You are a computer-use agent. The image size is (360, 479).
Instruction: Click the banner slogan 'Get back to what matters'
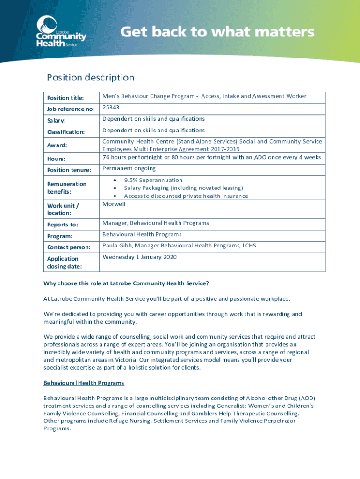pos(217,32)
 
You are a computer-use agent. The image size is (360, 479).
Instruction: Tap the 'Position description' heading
pos(90,78)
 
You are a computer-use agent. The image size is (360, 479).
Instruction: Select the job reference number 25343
pos(112,108)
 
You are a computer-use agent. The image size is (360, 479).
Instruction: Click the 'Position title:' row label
pos(65,98)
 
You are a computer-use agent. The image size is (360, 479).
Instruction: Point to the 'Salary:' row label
pos(57,121)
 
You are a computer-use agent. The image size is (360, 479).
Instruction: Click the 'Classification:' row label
pos(66,132)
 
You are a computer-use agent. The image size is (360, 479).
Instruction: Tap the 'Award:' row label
pos(57,145)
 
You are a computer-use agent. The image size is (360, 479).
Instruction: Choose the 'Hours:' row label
pos(56,159)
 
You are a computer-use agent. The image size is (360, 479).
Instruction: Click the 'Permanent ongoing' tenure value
pos(129,168)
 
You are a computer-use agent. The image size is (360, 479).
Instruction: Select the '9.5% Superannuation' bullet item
pos(153,180)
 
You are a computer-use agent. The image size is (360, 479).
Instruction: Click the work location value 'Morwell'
pos(114,204)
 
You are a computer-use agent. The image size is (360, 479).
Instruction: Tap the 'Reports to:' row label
pos(62,225)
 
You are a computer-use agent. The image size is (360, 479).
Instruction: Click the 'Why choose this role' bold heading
pos(126,283)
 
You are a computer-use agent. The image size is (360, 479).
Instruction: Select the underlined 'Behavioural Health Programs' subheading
pos(84,383)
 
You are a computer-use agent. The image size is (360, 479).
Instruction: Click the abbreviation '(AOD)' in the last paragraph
pos(306,398)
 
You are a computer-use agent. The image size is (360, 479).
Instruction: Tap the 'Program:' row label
pos(59,236)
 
